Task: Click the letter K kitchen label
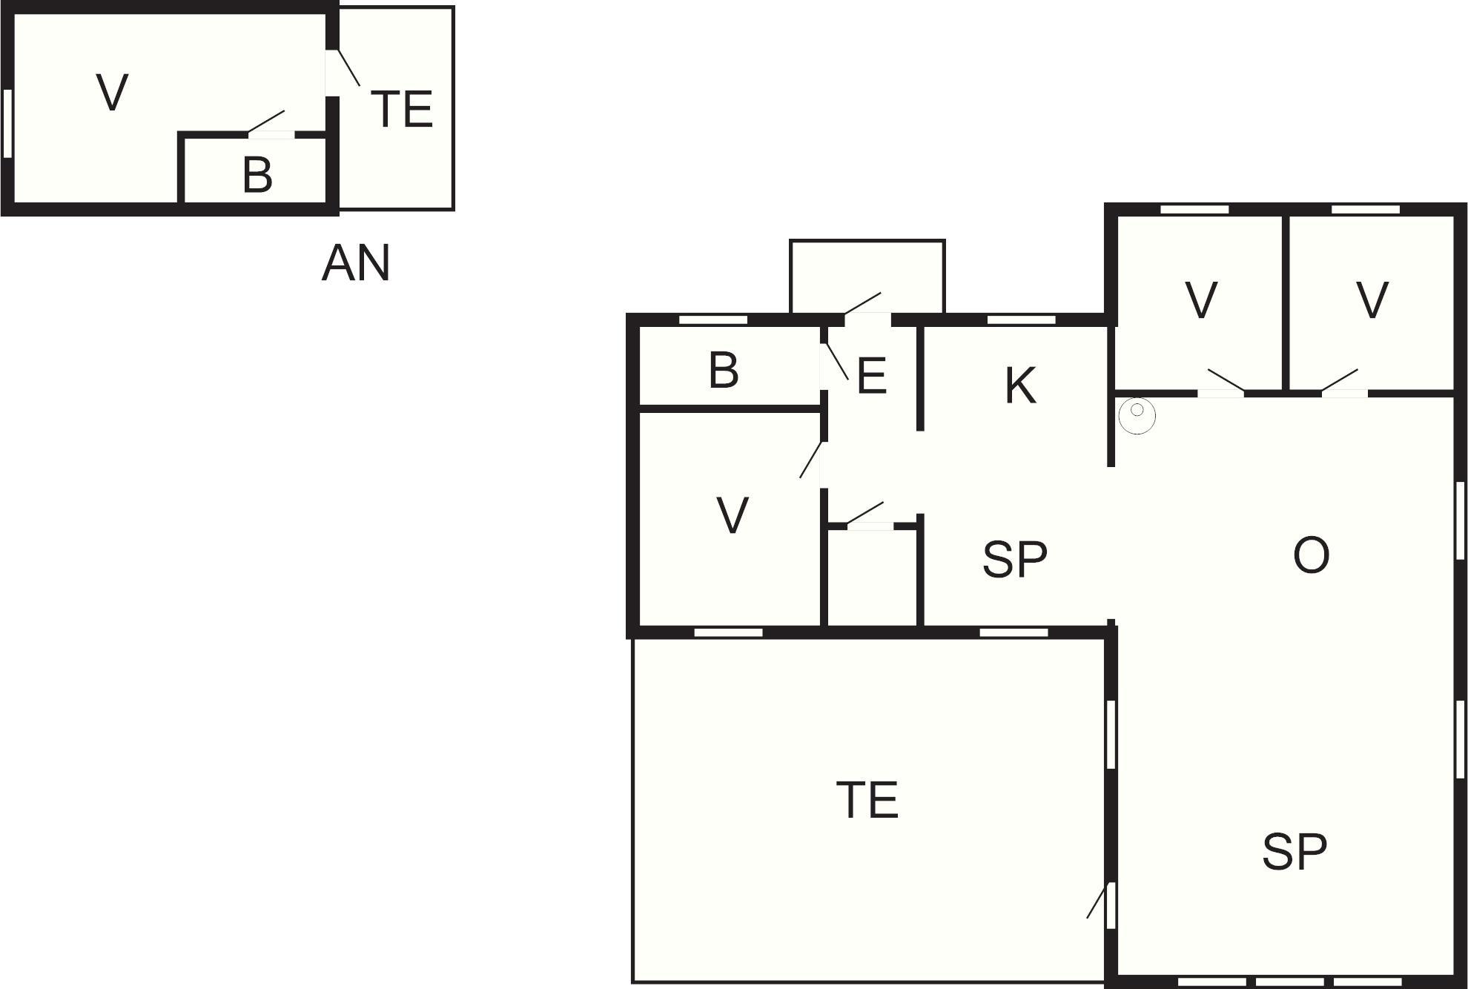pos(1020,385)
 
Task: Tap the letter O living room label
pos(1311,555)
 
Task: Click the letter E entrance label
pos(871,376)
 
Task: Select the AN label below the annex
pos(356,263)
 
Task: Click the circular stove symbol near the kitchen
pos(1137,416)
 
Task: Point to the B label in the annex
pos(257,176)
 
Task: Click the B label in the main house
pos(724,370)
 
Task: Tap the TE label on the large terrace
pos(867,800)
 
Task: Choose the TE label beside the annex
pos(401,109)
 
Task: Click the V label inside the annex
pos(113,93)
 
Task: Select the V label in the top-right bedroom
pos(1372,300)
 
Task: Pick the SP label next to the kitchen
pos(1015,560)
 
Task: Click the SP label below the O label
pos(1295,851)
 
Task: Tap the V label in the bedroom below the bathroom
pos(733,515)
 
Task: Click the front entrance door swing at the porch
pos(863,303)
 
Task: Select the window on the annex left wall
pos(8,123)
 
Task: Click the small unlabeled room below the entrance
pos(872,578)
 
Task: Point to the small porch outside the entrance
pos(867,277)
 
